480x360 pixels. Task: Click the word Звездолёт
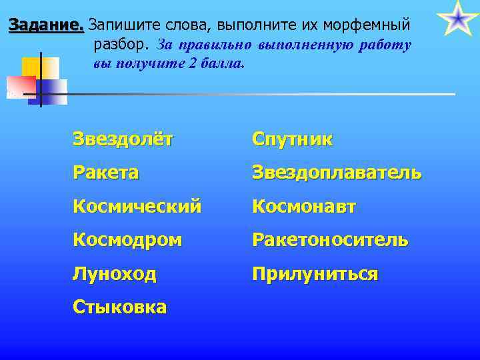tap(123, 139)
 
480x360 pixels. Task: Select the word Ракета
tap(106, 173)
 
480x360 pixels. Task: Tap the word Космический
tap(137, 207)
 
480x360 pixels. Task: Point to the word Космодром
tap(127, 240)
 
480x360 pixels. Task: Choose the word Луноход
tap(115, 273)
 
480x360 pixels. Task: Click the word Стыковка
tap(120, 307)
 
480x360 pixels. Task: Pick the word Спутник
tap(292, 139)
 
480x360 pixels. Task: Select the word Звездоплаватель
tap(337, 173)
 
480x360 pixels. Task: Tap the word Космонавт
tap(304, 207)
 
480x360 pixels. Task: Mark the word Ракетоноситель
tap(330, 240)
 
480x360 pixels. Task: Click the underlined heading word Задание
tap(45, 26)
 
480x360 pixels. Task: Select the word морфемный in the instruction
tap(371, 26)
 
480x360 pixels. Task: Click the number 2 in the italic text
tap(194, 65)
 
